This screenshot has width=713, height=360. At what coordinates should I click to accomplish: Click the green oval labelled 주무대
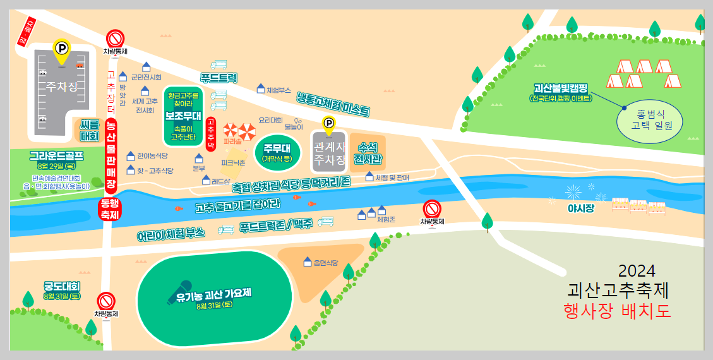[276, 153]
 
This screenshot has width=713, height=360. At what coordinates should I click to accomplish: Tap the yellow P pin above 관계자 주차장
[328, 124]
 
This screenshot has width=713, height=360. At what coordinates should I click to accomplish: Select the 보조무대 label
[183, 116]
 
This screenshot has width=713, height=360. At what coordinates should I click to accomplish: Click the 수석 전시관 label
[370, 152]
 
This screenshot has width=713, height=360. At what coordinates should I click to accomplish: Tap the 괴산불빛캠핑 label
[561, 88]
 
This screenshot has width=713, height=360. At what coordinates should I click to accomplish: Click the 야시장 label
[580, 208]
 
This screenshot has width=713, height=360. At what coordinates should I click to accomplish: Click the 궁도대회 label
[62, 286]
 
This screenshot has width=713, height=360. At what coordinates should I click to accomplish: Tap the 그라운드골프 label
[56, 155]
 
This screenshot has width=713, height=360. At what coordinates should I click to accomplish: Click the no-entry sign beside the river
[432, 208]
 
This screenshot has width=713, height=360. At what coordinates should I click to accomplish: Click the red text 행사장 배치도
[617, 311]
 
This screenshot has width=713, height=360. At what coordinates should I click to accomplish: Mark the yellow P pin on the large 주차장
[61, 51]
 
